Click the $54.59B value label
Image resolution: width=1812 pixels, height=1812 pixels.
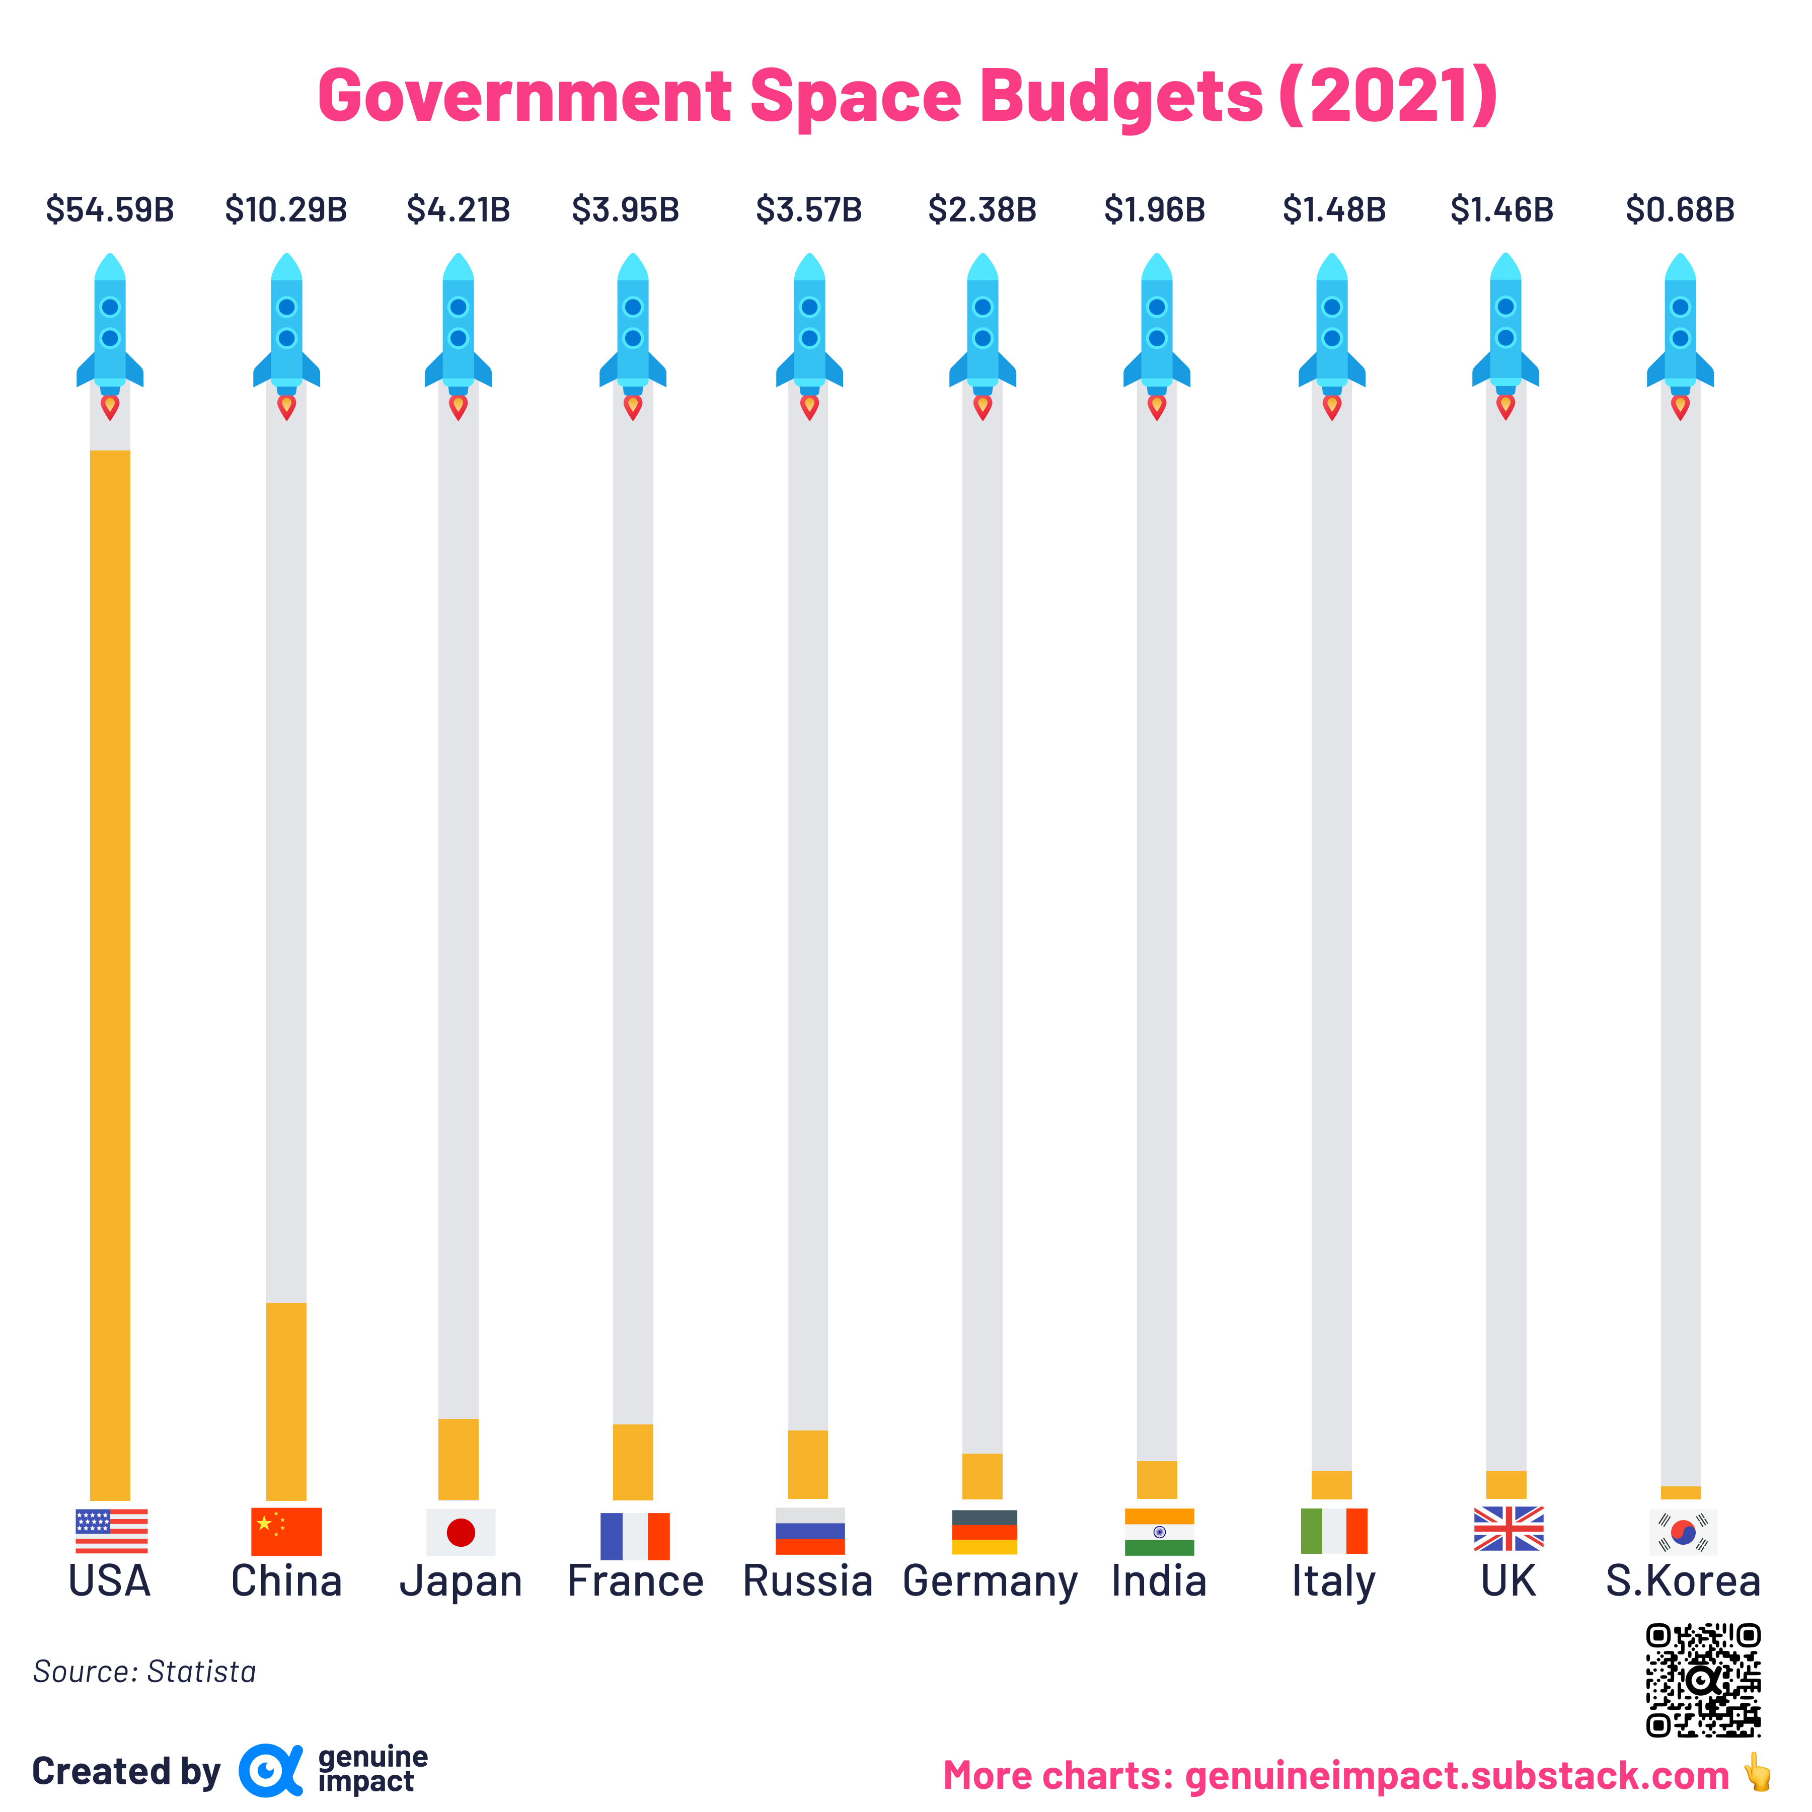tap(110, 209)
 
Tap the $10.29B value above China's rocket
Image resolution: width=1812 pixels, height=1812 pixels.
tap(286, 209)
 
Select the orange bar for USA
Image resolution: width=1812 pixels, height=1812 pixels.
tap(110, 975)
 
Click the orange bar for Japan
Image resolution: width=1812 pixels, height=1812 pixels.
tap(459, 1459)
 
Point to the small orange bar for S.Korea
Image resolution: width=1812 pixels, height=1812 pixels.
tap(1681, 1493)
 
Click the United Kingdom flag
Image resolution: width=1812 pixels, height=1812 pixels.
tap(1508, 1529)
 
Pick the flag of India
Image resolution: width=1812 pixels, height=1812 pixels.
tap(1159, 1532)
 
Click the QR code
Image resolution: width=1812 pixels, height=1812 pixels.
tap(1703, 1680)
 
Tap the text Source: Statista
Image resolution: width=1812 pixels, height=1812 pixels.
tap(144, 1671)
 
